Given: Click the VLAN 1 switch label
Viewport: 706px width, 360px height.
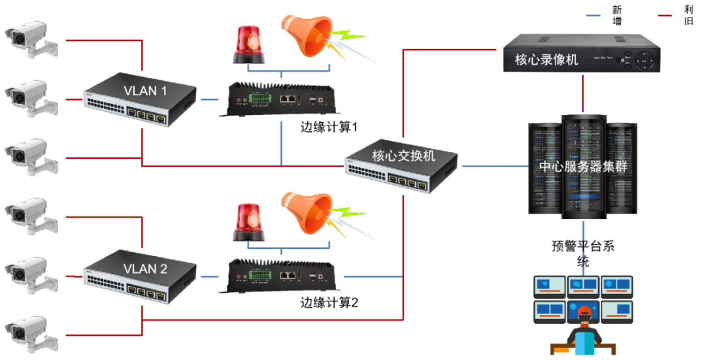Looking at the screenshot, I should coord(145,91).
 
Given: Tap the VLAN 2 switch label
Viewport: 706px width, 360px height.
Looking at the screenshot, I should coord(145,269).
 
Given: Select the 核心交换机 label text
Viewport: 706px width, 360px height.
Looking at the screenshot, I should coord(403,156).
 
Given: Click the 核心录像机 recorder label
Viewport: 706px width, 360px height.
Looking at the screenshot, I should coord(546,60).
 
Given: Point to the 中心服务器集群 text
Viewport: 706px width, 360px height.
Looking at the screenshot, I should coord(582,167).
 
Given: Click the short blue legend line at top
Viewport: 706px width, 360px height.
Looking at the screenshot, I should coord(593,15).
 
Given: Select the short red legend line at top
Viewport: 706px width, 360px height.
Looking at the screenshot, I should coord(664,15).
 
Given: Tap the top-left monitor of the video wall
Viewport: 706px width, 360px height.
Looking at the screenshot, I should coord(550,285).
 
